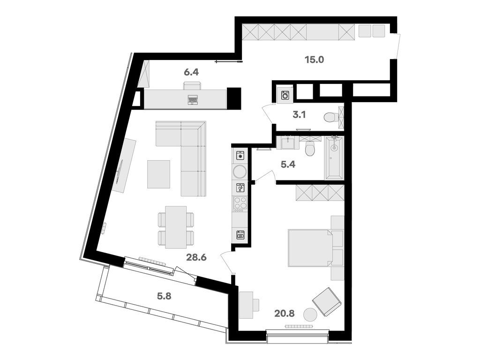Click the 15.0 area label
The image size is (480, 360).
click(x=314, y=60)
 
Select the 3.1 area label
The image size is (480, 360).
click(x=299, y=114)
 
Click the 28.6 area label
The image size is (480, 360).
click(x=197, y=257)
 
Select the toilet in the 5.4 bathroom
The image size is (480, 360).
click(x=310, y=150)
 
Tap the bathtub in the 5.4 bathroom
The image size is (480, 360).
click(x=334, y=157)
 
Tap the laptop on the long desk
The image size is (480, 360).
click(x=192, y=99)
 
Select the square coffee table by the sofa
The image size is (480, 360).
click(x=158, y=174)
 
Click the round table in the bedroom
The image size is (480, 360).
click(x=310, y=315)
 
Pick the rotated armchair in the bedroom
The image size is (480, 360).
click(x=327, y=301)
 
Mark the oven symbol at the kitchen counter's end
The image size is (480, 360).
click(x=240, y=235)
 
